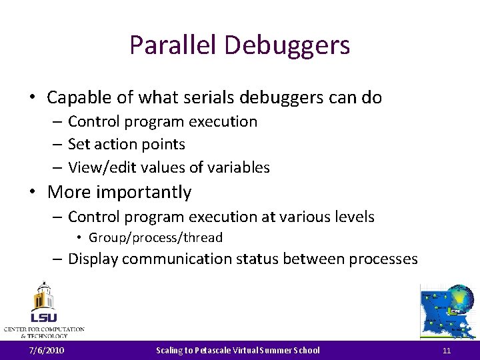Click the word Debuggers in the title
tap(287, 45)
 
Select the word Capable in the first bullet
tap(75, 97)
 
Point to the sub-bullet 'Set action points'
tap(127, 144)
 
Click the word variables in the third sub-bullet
tap(241, 167)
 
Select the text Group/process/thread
tap(156, 237)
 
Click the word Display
tap(94, 259)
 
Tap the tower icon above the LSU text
tap(43, 295)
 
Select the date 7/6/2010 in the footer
tap(47, 350)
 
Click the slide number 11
tap(447, 350)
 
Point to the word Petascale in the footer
tap(213, 350)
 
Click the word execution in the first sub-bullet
tap(223, 121)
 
